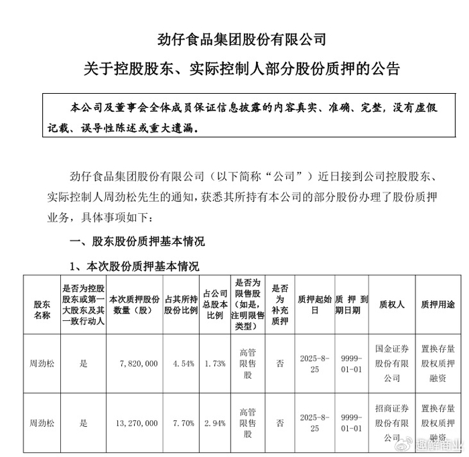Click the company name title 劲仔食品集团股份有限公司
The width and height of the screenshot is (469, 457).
tap(234, 40)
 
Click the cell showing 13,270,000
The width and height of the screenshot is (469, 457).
tap(131, 423)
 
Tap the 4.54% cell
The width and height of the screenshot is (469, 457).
tap(182, 363)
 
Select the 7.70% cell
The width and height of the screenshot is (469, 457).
tap(182, 423)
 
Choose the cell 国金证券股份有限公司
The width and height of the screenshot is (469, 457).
tap(392, 363)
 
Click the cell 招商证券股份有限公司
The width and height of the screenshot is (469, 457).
tap(392, 423)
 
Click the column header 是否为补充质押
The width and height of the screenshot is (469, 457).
tap(279, 306)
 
